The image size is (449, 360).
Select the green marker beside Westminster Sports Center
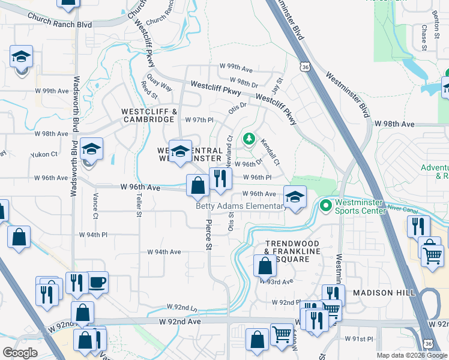pos(326,206)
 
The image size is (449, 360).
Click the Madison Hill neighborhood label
pos(384,292)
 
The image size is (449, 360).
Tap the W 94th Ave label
pos(164,253)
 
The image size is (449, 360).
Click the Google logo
pos(20,353)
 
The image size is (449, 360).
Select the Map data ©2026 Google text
pos(412,355)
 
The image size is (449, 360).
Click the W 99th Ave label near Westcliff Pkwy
pos(235,67)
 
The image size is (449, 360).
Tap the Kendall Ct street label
pos(270,152)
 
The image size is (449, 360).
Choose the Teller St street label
pos(139,205)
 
